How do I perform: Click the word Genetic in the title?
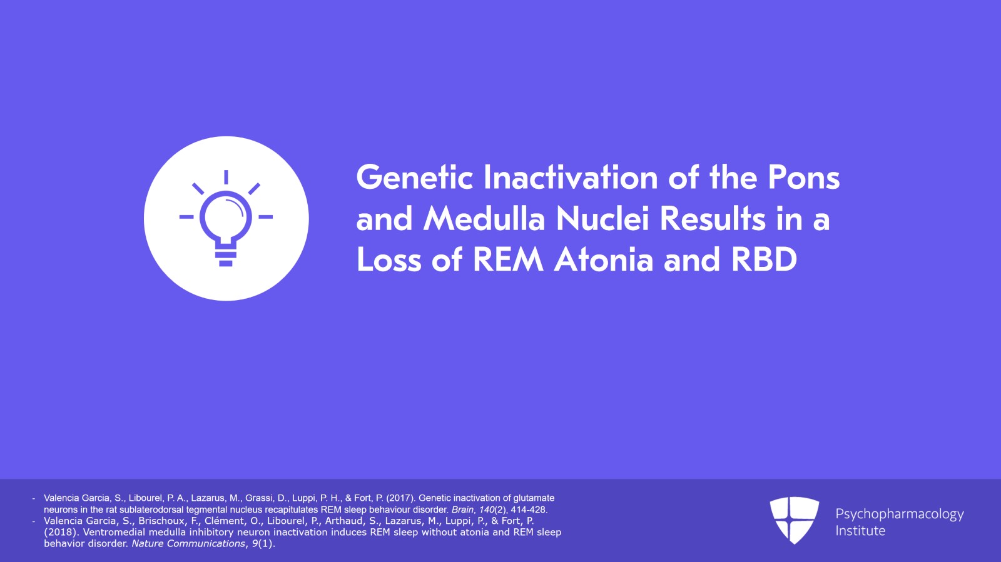tap(414, 177)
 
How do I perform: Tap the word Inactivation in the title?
tap(571, 177)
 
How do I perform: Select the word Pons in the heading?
tap(804, 177)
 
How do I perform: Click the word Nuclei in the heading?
tap(602, 219)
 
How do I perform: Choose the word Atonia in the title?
tap(604, 260)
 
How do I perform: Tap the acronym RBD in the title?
tap(764, 260)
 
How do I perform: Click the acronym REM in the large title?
tap(508, 260)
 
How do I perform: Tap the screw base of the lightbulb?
tap(226, 255)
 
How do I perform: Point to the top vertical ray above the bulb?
tap(226, 177)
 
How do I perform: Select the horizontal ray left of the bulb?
tap(186, 217)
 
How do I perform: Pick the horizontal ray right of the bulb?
tap(265, 217)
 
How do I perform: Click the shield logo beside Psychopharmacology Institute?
tap(794, 520)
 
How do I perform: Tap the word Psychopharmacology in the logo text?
tap(900, 514)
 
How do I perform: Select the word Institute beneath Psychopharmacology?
tap(860, 531)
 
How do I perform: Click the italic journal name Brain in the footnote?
tap(462, 509)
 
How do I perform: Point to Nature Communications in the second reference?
tap(188, 544)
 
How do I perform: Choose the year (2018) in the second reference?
tap(61, 532)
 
